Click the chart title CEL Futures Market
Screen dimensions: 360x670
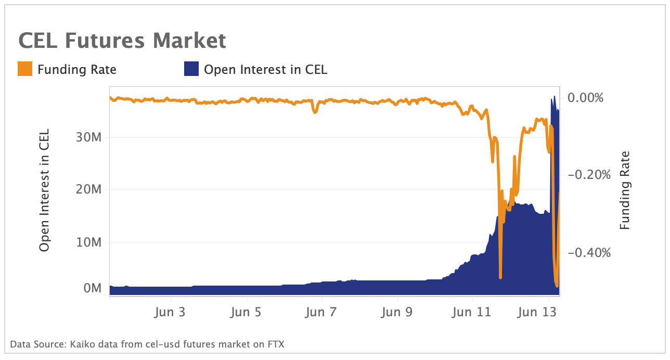(122, 41)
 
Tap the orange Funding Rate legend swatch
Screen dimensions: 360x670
(25, 69)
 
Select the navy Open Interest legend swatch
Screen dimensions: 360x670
(191, 69)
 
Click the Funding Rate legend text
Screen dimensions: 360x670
(76, 69)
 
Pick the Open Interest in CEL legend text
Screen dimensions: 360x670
(265, 69)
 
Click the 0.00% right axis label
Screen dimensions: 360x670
(586, 98)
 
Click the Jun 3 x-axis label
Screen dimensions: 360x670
(171, 312)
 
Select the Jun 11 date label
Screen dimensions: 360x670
(472, 312)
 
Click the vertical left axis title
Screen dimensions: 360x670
(45, 190)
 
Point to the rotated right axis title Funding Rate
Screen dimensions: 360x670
(625, 190)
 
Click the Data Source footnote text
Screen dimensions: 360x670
(147, 344)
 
